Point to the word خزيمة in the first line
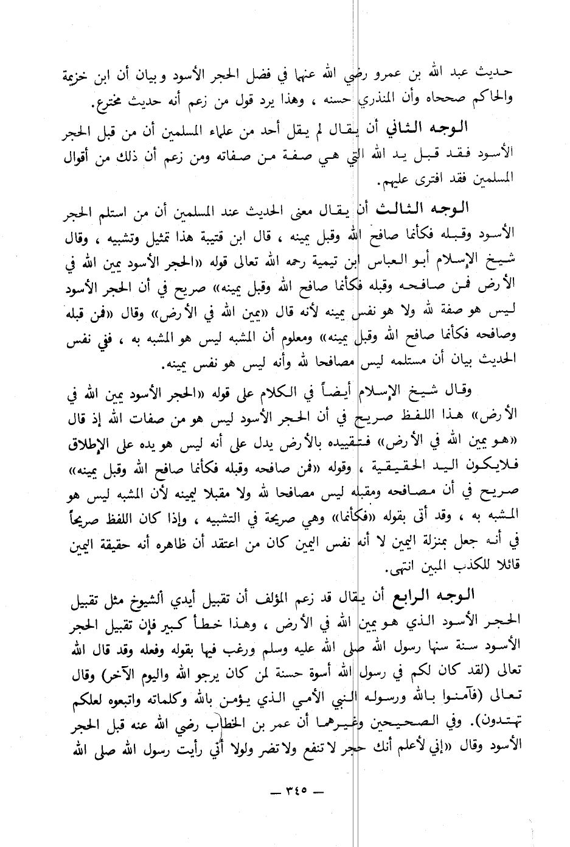coord(78,74)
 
